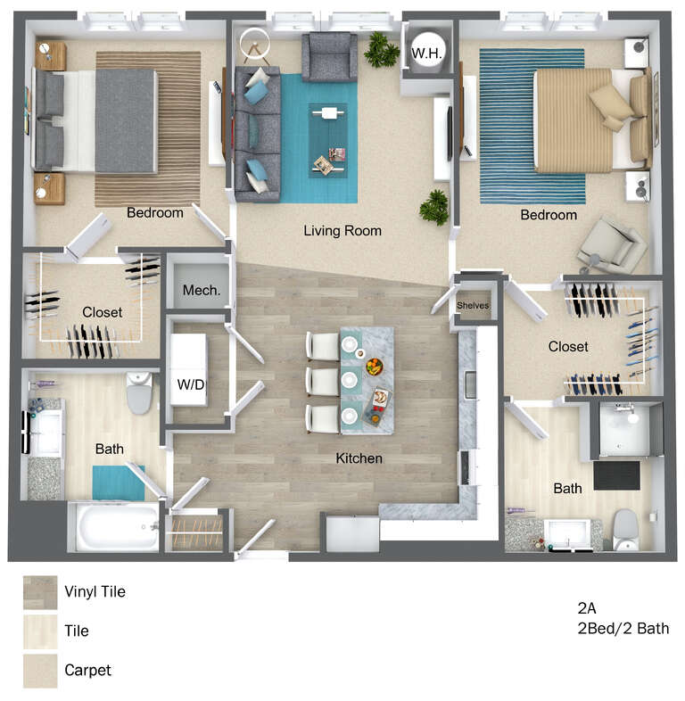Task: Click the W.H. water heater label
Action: (426, 54)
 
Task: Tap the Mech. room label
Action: (202, 291)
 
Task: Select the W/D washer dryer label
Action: (191, 384)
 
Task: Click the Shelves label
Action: (473, 305)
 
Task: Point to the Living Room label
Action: (342, 231)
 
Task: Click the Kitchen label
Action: (359, 458)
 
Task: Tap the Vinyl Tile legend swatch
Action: (40, 592)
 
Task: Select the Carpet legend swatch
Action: (40, 671)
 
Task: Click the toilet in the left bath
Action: (139, 393)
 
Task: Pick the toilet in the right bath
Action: (625, 531)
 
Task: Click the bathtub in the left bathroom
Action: (114, 528)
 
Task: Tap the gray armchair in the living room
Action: (329, 57)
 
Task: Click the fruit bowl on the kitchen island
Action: (375, 367)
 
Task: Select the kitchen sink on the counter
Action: (470, 385)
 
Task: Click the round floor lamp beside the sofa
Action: (255, 45)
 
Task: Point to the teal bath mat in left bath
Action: (119, 482)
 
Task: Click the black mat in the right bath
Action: (616, 475)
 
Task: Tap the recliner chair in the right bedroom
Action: (612, 246)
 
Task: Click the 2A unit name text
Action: (587, 608)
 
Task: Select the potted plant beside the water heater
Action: (381, 50)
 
